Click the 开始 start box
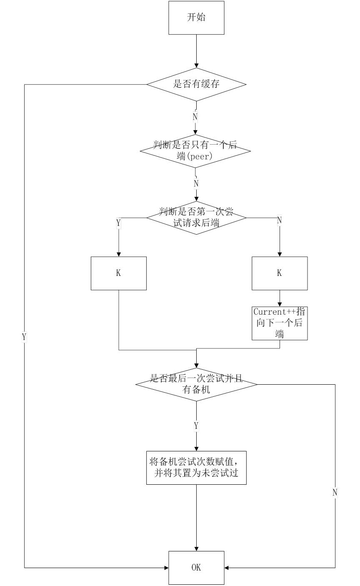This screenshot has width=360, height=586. coord(196,18)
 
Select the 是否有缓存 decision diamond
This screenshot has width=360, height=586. coord(196,84)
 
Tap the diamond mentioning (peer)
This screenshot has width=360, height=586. coord(195,151)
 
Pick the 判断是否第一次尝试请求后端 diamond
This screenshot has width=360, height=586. coord(196,218)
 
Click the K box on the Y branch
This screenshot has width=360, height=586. coord(119,273)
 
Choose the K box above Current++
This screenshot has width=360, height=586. coord(280,273)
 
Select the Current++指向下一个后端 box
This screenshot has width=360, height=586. coord(280,323)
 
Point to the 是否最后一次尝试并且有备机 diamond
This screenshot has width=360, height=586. coord(196,384)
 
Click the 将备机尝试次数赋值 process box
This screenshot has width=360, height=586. coord(196,468)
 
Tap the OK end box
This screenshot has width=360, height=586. coord(196,568)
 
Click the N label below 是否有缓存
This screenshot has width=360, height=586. coord(195,117)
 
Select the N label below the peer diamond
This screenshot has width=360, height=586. coord(196,183)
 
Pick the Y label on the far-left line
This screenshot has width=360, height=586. coord(24,337)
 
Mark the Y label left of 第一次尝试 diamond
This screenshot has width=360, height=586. coord(119,223)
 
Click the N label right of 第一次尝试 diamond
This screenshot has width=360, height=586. coord(279,220)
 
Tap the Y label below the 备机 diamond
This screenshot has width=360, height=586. coord(196,426)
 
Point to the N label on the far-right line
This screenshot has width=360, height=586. coord(335,492)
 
